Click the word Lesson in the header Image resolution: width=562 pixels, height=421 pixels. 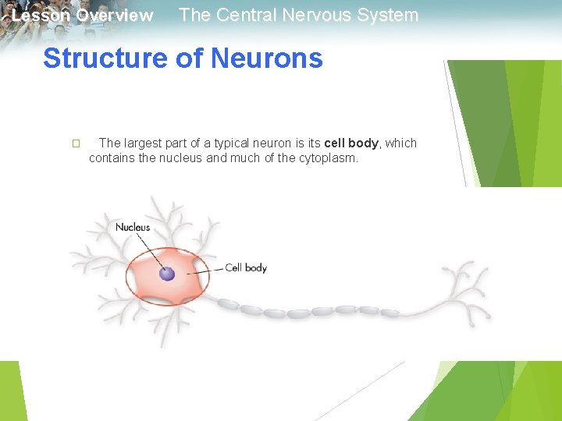point(40,16)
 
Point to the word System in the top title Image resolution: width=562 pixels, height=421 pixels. point(387,15)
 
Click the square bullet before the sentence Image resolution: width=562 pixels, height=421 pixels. point(76,143)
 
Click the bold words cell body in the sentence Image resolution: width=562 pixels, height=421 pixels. point(351,143)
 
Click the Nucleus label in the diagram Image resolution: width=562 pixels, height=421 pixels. point(133,228)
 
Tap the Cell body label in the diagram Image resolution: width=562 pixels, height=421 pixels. point(246,268)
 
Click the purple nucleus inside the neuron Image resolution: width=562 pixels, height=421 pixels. point(166,274)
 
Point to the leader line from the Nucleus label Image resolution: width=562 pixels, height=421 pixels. point(151,251)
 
